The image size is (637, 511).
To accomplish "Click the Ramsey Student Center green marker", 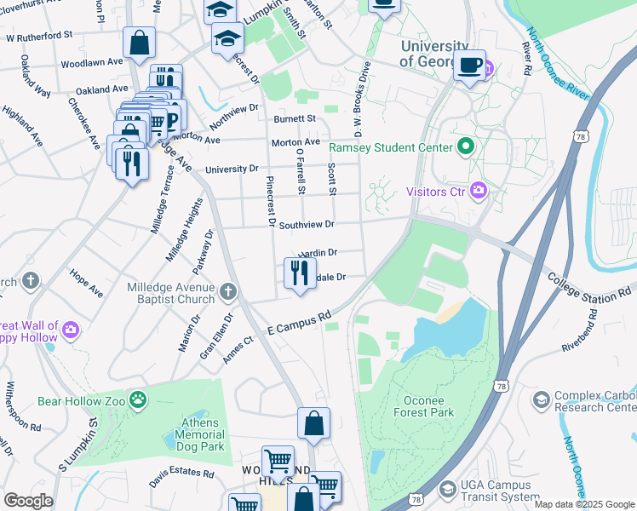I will coord(465,146).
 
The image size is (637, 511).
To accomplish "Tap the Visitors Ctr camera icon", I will coord(478,191).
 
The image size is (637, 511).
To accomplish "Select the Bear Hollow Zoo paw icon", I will coord(138,399).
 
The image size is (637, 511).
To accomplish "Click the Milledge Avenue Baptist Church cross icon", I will coord(227,293).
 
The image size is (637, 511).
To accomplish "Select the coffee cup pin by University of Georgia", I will coord(468,65).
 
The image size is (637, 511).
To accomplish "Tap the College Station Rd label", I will coord(589,285).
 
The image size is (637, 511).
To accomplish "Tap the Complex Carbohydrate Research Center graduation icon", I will coord(541,399).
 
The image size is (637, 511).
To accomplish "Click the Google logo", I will coord(29,501).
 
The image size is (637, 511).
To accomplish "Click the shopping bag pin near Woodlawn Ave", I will coord(138,42).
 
